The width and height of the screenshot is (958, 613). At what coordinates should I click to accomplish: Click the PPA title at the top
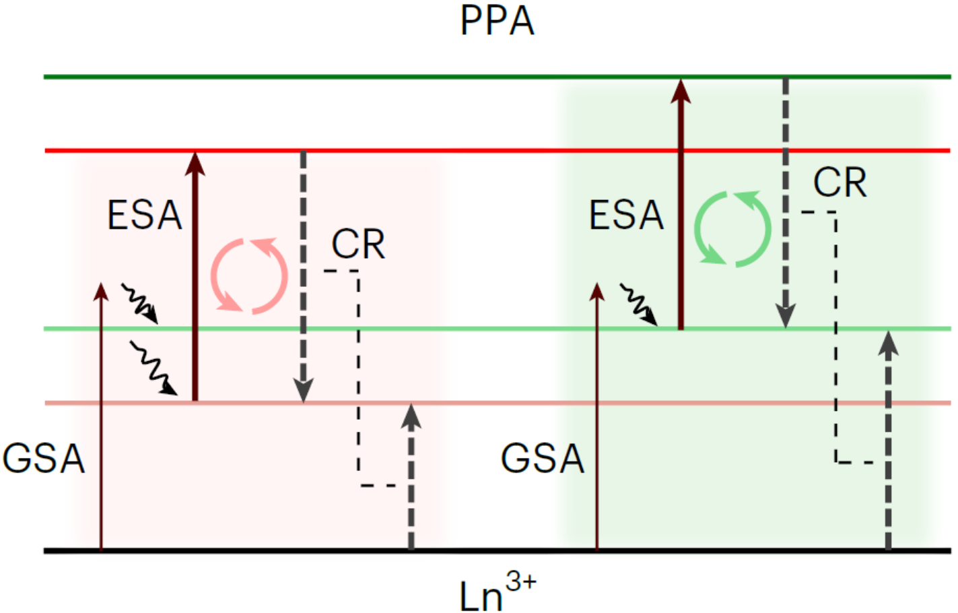coord(497,22)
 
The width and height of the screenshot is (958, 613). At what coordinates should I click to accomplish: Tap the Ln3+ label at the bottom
coord(497,593)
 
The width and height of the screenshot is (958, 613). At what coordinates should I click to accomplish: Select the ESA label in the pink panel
coord(145,216)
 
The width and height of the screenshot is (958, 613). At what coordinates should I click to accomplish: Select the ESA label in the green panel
coord(626,216)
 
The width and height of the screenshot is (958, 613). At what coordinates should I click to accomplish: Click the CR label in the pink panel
coord(358,244)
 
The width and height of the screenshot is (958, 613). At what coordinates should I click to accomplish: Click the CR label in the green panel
coord(840,183)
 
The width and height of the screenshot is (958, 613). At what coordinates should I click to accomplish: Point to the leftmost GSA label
coord(44,459)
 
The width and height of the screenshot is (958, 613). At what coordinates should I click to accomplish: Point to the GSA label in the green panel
coord(543,459)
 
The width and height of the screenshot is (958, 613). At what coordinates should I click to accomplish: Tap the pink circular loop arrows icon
coord(249,276)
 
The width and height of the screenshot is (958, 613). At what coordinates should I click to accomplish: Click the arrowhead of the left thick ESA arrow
coord(195,162)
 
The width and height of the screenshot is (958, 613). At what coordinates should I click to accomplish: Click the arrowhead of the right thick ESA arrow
coord(681,90)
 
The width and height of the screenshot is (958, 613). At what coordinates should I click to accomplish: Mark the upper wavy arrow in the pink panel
coord(139,302)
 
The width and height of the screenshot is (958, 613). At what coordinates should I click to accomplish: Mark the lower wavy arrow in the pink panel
coord(153,368)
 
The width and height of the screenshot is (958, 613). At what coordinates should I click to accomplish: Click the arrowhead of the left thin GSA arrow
coord(101,291)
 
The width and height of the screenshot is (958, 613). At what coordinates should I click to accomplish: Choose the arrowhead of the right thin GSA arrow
coord(596,291)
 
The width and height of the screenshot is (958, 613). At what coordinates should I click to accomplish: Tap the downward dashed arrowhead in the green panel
coord(785,315)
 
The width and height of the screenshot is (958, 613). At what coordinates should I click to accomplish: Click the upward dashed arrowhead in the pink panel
coord(411,416)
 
